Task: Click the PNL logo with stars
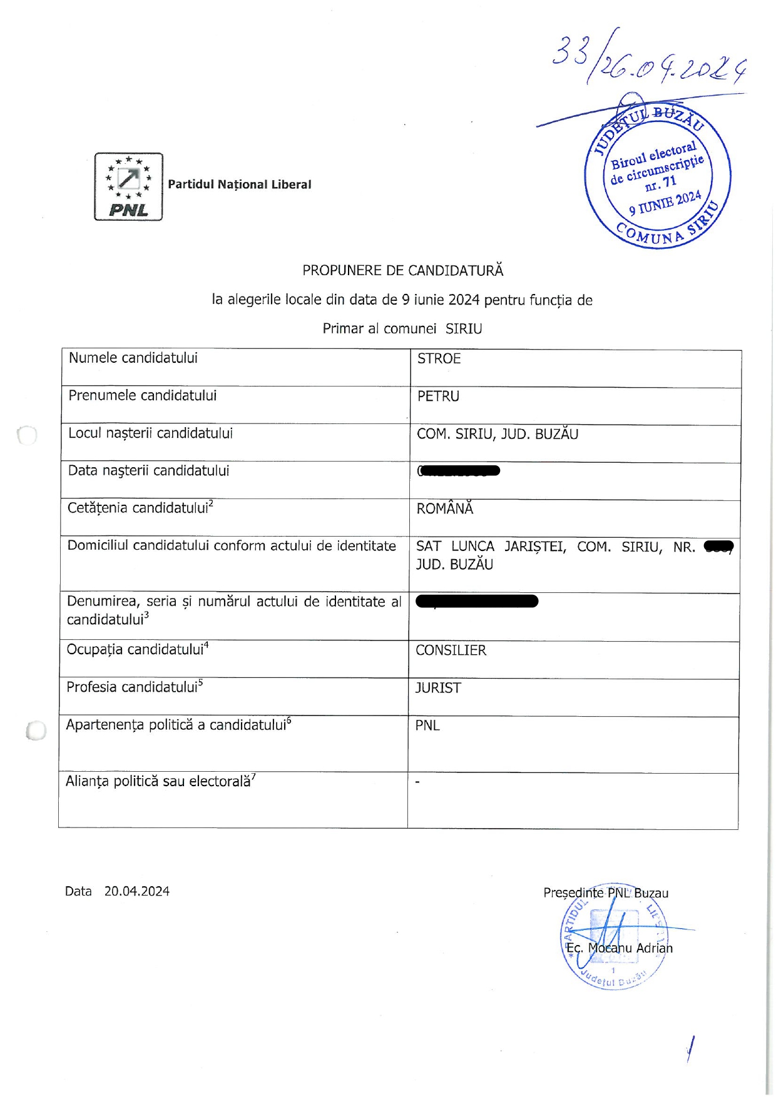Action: click(128, 186)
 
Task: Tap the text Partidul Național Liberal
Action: click(239, 185)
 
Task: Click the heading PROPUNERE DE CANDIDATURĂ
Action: click(402, 270)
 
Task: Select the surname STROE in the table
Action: click(439, 358)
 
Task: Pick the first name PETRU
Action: click(438, 396)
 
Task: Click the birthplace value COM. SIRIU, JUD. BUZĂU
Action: click(498, 434)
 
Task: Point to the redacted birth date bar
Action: click(459, 471)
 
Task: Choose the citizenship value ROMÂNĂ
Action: click(445, 508)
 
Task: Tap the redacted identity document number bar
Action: click(477, 602)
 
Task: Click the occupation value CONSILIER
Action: click(451, 650)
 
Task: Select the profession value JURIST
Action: click(438, 688)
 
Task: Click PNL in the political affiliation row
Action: click(427, 725)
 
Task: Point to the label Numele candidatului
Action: click(133, 358)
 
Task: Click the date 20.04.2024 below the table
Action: click(137, 891)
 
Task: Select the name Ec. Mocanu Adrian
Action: click(619, 948)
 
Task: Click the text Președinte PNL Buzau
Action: click(605, 893)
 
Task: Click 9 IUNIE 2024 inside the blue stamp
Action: click(665, 203)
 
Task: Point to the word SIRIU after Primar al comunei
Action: click(464, 329)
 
